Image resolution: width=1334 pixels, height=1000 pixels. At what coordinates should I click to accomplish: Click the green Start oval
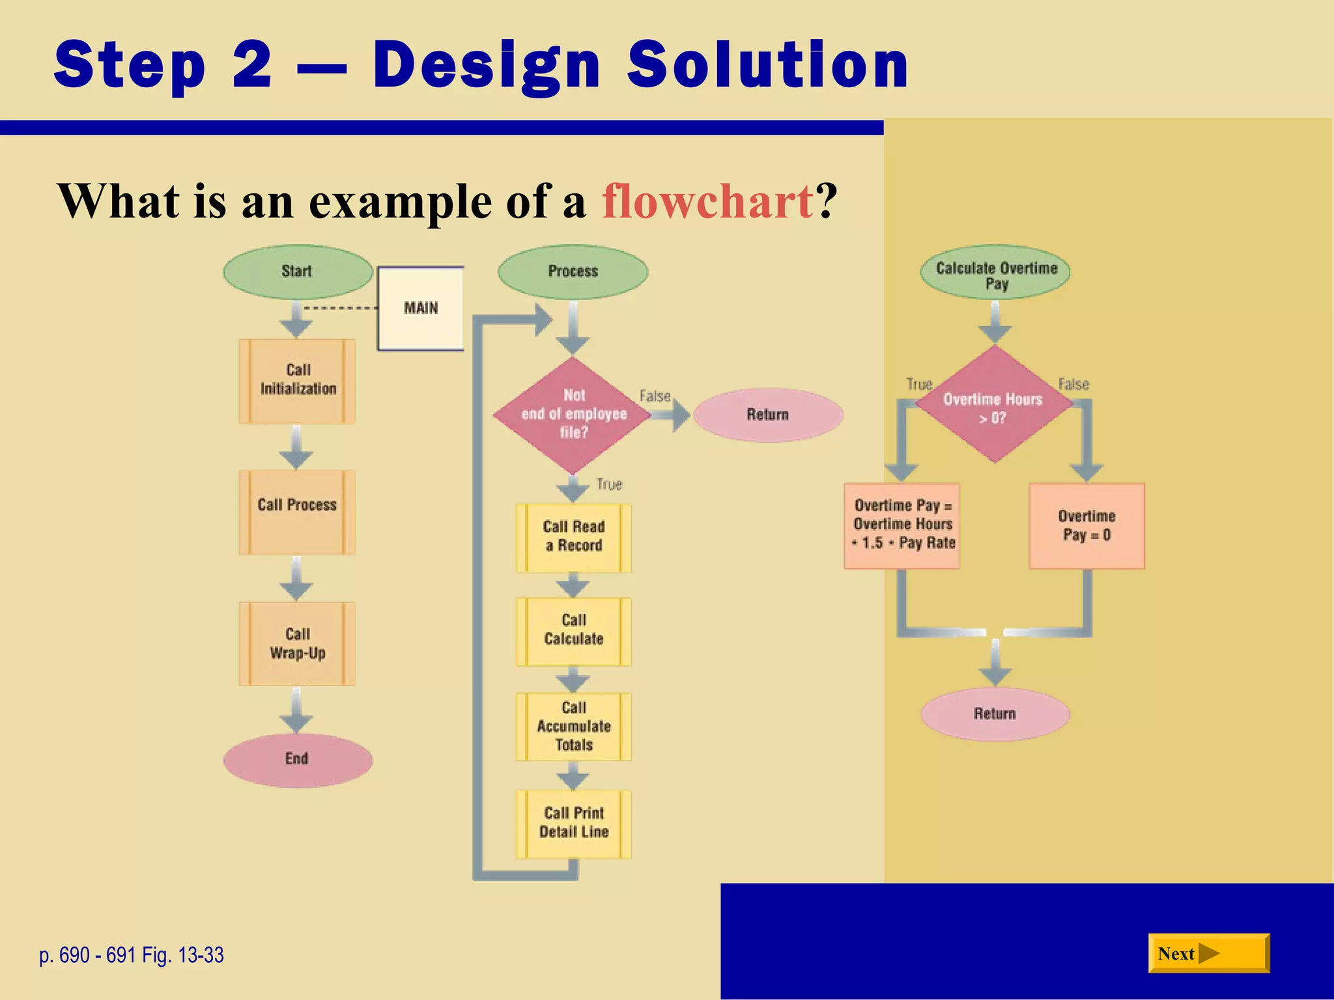[x=298, y=272]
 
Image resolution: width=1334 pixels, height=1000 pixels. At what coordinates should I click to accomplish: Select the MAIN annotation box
[x=421, y=308]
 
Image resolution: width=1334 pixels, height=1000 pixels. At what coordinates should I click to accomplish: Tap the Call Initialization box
[x=297, y=381]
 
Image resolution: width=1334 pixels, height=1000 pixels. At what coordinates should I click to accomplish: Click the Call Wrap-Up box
[x=297, y=644]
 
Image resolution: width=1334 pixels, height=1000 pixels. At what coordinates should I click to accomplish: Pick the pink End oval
[x=298, y=760]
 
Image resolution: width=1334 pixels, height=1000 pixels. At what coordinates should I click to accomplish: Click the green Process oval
[x=573, y=272]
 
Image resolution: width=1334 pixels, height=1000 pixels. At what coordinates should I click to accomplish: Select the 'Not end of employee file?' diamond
[x=573, y=415]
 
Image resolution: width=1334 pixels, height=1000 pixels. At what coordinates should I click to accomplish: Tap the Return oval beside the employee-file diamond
[x=768, y=415]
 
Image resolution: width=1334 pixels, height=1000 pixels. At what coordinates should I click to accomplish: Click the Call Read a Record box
[x=573, y=537]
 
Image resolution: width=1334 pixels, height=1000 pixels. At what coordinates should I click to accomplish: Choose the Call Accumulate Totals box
[x=573, y=727]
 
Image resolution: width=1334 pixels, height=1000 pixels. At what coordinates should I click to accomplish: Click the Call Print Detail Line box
[x=573, y=824]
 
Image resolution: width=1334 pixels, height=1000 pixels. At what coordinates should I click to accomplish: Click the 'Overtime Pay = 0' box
[x=1086, y=526]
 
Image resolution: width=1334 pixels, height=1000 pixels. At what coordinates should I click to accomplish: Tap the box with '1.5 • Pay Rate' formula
[x=902, y=526]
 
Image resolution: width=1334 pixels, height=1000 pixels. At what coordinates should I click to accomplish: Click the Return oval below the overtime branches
[x=995, y=714]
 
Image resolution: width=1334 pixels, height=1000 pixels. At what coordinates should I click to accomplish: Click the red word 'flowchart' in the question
[x=707, y=202]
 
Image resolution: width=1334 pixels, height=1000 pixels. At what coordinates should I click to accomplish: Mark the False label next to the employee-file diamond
[x=655, y=396]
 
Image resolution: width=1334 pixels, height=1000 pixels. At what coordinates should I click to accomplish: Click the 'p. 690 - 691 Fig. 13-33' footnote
[x=132, y=955]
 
